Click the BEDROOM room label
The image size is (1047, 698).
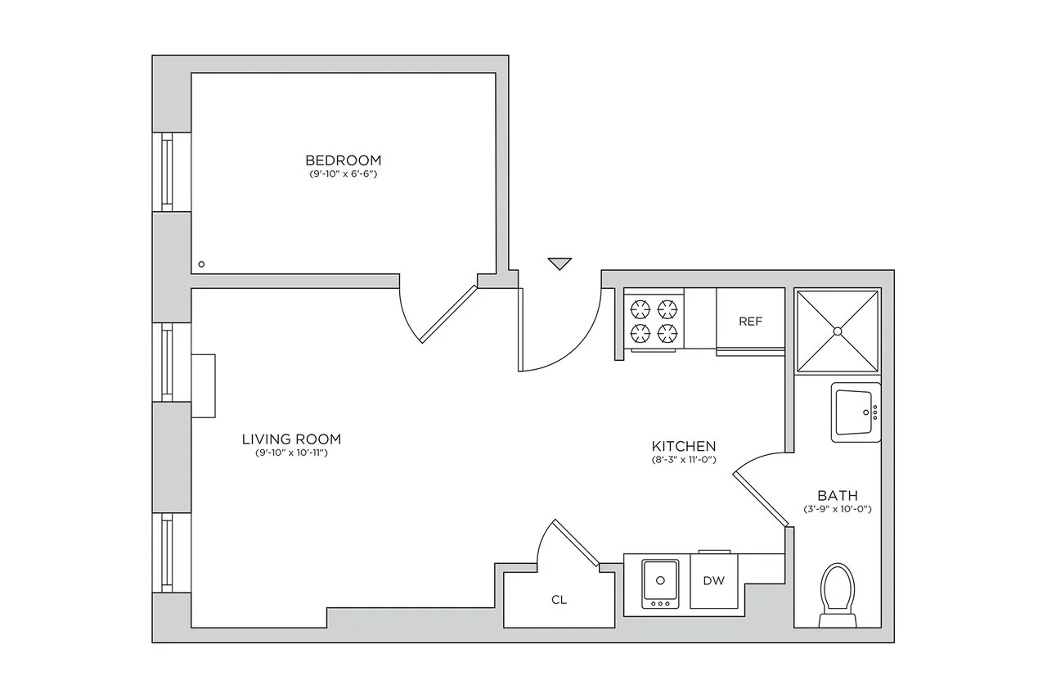tap(343, 160)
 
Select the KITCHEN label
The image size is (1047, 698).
tap(683, 446)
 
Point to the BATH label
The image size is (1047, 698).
tap(838, 495)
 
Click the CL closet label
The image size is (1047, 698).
tap(559, 600)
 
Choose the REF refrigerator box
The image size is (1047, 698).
tap(750, 321)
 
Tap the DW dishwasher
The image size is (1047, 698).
tap(714, 581)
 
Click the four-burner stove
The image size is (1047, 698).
tap(654, 320)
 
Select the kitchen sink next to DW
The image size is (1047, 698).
tap(659, 582)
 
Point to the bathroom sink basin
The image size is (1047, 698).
tap(854, 412)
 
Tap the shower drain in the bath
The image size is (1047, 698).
tap(838, 331)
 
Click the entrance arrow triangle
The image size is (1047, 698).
tap(559, 263)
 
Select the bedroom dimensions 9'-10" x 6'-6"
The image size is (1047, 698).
tap(343, 174)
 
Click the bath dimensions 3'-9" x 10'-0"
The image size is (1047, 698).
tap(838, 510)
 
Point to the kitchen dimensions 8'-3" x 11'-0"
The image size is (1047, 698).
tap(683, 460)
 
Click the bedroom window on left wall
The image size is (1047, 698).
tap(167, 172)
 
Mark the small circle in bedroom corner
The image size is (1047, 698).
tap(202, 264)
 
